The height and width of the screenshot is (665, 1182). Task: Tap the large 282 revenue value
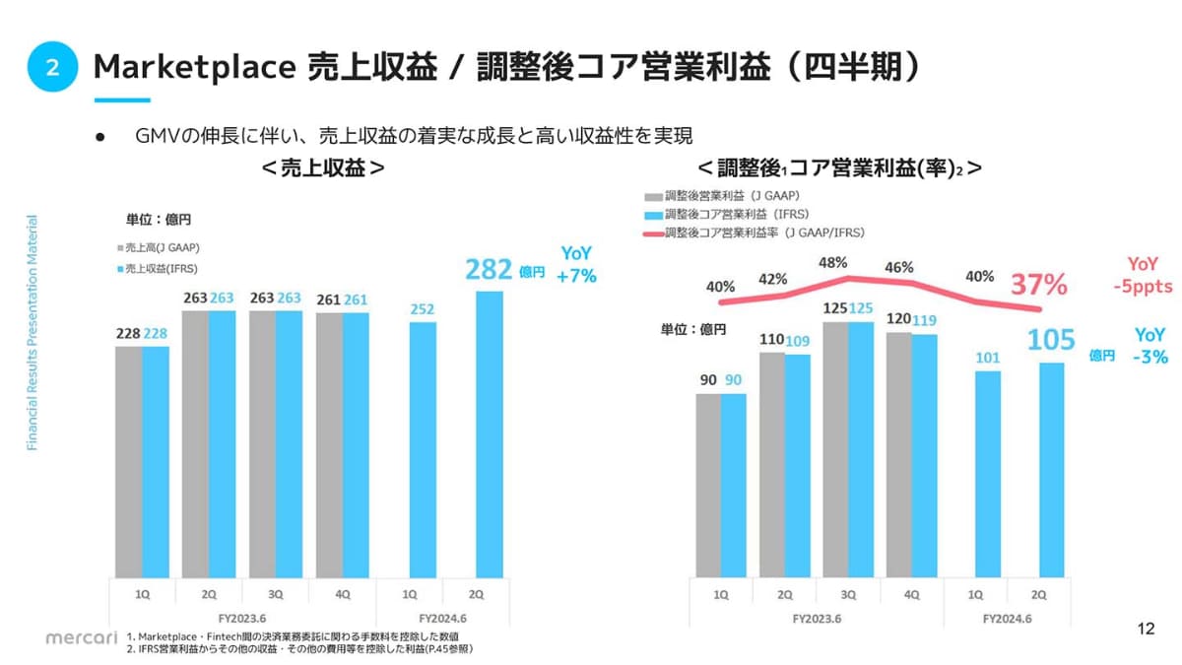[x=489, y=270]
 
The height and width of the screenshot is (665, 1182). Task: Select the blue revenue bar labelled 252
[x=422, y=448]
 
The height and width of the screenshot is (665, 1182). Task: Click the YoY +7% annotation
[x=577, y=266]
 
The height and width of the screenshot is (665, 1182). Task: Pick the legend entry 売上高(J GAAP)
[x=159, y=248]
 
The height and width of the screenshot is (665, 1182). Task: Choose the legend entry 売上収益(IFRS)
[x=159, y=268]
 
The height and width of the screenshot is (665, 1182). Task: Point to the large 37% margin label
[x=1039, y=285]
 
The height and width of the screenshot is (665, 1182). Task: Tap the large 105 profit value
[x=1051, y=341]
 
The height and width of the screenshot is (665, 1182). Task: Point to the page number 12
[x=1146, y=629]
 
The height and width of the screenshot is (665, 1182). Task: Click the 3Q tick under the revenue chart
[x=276, y=594]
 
